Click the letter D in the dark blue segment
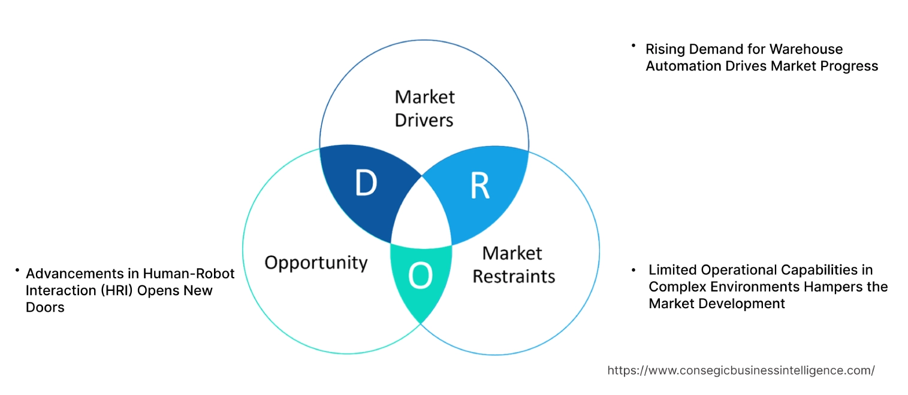(x=366, y=184)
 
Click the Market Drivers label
(x=424, y=108)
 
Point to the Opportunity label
(x=316, y=262)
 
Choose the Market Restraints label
(x=514, y=265)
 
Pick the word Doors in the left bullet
(x=45, y=308)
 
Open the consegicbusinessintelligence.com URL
(x=741, y=370)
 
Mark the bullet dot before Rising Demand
(x=633, y=45)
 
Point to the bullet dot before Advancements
(x=18, y=271)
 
